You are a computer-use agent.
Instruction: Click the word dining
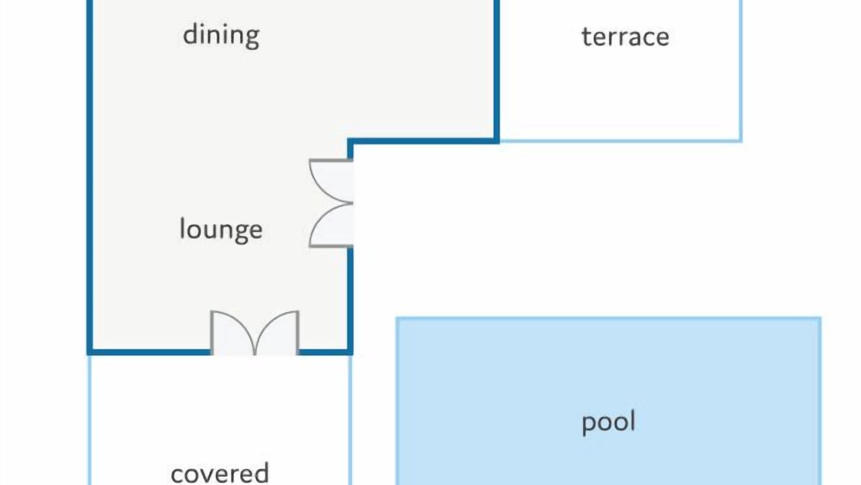click(221, 36)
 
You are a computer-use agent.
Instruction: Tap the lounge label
click(221, 230)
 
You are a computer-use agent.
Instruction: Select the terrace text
click(626, 37)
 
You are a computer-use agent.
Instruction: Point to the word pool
click(609, 423)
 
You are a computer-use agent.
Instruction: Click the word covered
click(219, 473)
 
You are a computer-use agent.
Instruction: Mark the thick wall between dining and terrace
click(496, 71)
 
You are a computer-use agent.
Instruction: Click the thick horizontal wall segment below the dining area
click(423, 141)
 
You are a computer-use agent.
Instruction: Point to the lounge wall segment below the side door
click(350, 300)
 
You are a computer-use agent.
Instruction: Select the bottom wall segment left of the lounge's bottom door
click(149, 352)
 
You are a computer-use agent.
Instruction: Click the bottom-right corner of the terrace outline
click(741, 141)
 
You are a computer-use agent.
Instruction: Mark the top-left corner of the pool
click(398, 319)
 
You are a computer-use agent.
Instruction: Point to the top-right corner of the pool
click(820, 319)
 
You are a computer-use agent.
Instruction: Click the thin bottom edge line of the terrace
click(621, 141)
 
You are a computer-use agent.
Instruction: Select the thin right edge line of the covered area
click(350, 420)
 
